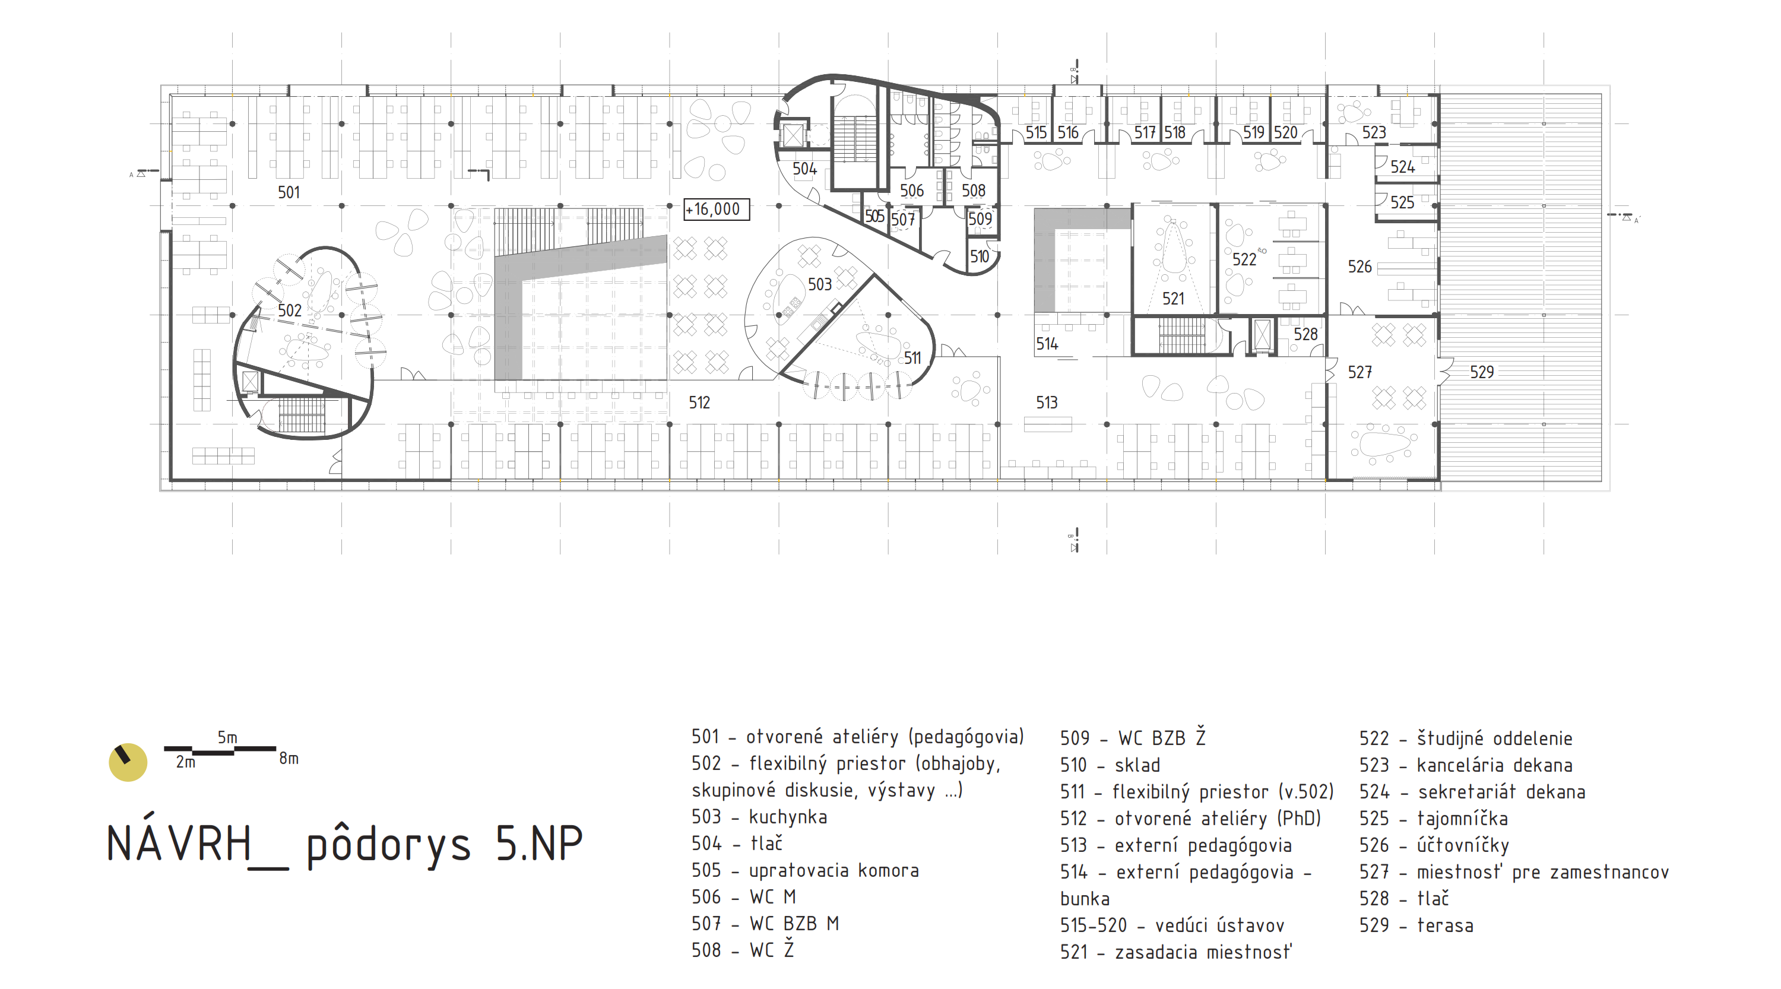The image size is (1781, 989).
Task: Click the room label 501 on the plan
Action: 289,192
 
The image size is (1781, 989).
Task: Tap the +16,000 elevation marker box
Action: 717,209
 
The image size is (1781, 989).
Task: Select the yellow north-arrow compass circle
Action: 128,762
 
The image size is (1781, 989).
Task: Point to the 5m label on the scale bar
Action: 227,737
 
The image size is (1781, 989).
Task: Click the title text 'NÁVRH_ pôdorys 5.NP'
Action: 344,845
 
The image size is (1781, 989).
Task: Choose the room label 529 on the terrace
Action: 1482,372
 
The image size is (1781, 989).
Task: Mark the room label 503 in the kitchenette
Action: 820,284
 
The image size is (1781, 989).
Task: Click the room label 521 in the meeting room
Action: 1173,299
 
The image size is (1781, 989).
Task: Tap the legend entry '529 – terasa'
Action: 1416,925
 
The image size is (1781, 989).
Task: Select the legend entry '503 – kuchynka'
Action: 759,817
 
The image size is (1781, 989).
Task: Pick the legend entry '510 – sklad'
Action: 1110,765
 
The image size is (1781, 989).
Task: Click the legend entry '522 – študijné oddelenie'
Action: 1466,738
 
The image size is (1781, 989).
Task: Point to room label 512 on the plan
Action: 699,402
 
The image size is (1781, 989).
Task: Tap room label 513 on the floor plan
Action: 1047,402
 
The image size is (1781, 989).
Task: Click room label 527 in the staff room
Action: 1360,372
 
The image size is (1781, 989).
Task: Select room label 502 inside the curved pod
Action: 290,310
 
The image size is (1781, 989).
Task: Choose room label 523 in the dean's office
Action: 1374,132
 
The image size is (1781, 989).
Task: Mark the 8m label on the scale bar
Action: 289,758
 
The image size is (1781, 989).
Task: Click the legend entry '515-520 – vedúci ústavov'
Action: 1172,925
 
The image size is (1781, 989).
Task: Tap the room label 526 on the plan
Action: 1360,266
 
